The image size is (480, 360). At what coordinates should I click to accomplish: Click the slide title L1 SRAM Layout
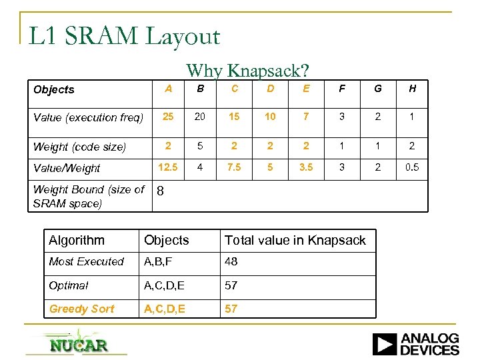coord(124,36)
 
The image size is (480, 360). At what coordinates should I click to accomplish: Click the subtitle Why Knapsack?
coord(247,70)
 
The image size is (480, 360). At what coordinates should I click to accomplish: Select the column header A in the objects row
coord(169,89)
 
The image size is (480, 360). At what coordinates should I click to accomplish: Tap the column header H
coord(412,89)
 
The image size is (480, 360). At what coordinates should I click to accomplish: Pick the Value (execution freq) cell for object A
coord(169,117)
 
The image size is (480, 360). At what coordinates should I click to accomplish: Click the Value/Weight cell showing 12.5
coord(169,168)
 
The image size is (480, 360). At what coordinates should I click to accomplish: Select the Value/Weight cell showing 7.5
coord(234,168)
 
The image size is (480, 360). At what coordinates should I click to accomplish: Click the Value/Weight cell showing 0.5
coord(412,168)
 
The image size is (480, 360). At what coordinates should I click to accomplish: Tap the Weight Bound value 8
coord(160,192)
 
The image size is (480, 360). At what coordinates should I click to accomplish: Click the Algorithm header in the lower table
coord(77,241)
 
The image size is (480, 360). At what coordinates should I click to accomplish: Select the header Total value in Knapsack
coord(295,241)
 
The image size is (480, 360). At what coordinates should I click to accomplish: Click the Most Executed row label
coord(87,262)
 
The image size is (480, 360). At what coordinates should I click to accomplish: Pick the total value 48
coord(231,262)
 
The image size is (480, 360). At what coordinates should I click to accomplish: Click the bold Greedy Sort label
coord(81,309)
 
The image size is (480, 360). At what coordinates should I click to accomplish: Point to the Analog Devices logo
coord(415,344)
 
